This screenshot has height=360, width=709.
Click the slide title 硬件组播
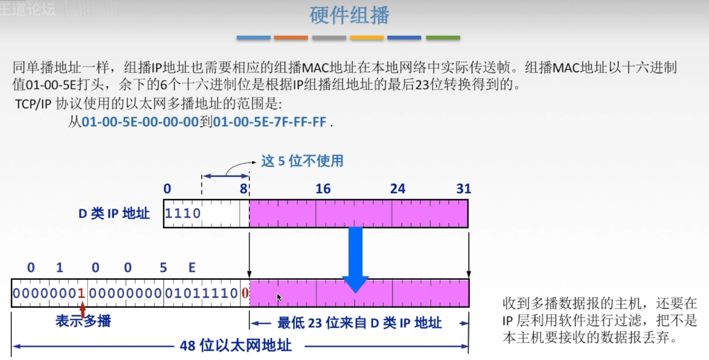pyautogui.click(x=349, y=15)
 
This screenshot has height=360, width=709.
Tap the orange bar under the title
pyautogui.click(x=291, y=38)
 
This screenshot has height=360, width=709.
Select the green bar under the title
pyautogui.click(x=443, y=38)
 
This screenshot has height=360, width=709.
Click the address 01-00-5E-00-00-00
pyautogui.click(x=140, y=122)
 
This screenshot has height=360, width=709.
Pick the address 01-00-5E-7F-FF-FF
pyautogui.click(x=269, y=122)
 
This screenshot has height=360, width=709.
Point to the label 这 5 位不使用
pyautogui.click(x=302, y=161)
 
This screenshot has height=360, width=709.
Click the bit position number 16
pyautogui.click(x=323, y=189)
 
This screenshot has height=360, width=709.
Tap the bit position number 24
pyautogui.click(x=398, y=189)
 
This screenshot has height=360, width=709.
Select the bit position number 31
pyautogui.click(x=463, y=189)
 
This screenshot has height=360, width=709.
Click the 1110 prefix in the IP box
pyautogui.click(x=183, y=213)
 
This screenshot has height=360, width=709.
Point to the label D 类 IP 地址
pyautogui.click(x=114, y=214)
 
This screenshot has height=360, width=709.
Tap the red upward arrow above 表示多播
pyautogui.click(x=83, y=309)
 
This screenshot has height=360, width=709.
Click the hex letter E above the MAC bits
pyautogui.click(x=192, y=268)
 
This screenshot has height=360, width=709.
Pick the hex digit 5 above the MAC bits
pyautogui.click(x=163, y=268)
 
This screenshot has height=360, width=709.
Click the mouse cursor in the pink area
pyautogui.click(x=279, y=297)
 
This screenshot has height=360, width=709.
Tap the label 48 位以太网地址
pyautogui.click(x=236, y=346)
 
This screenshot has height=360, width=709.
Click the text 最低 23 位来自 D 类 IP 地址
pyautogui.click(x=359, y=323)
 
